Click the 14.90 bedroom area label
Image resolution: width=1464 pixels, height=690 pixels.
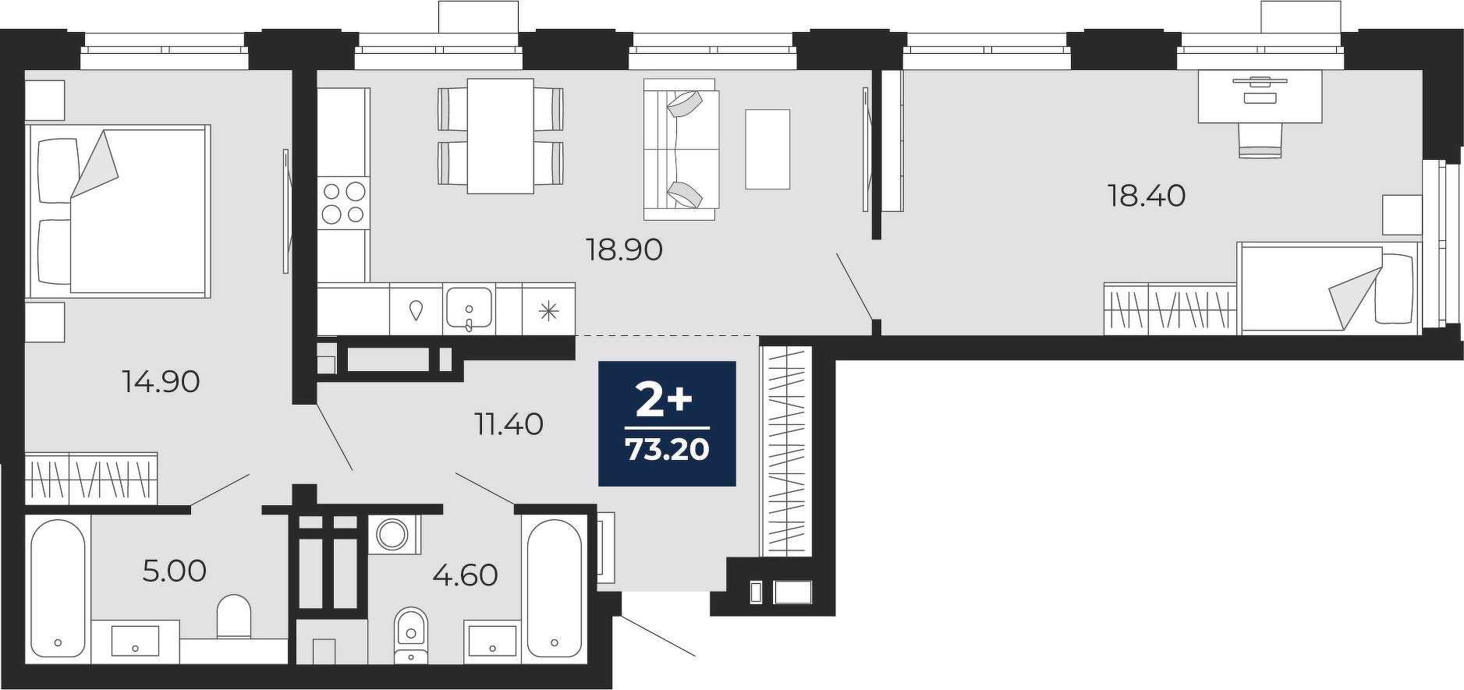coord(161,382)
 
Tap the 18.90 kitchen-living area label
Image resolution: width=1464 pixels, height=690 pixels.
coord(624,249)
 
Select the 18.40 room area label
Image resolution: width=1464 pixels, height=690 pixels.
coord(1147,195)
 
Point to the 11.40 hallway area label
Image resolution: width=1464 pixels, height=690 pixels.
coord(509,424)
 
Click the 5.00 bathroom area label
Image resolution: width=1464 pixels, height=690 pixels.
coord(175,571)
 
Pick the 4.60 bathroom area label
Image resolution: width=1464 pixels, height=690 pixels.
coord(466,575)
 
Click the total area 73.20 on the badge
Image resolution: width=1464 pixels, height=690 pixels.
coord(668,450)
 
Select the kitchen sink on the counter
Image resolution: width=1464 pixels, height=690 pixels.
coord(468,308)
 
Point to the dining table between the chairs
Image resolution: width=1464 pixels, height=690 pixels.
coord(500,136)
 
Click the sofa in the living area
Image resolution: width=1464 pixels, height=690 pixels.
coord(680,149)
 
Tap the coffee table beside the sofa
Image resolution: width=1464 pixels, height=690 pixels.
coord(767,149)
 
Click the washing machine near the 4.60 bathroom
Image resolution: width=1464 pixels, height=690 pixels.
coord(393,535)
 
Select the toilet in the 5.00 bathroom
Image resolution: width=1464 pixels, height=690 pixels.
coord(234,616)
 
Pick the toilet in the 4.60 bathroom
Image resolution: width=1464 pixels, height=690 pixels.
coord(411,633)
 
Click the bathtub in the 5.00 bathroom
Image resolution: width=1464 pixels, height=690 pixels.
coord(58,589)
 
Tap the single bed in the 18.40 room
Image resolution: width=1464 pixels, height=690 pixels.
coord(1328,288)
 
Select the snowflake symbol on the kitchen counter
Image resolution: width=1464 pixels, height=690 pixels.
coord(549,310)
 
